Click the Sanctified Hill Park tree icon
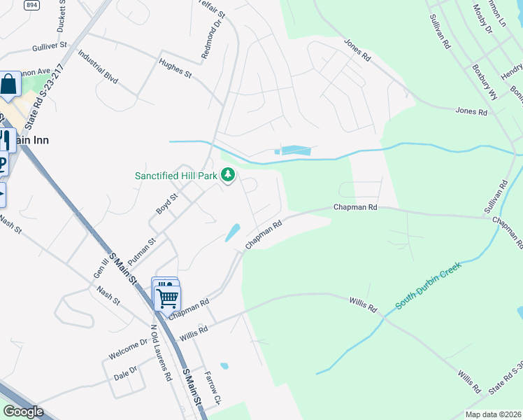pos(228,176)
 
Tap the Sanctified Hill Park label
pos(176,176)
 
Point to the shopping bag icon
pos(10,85)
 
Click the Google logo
pos(23,412)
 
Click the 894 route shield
pos(31,4)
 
